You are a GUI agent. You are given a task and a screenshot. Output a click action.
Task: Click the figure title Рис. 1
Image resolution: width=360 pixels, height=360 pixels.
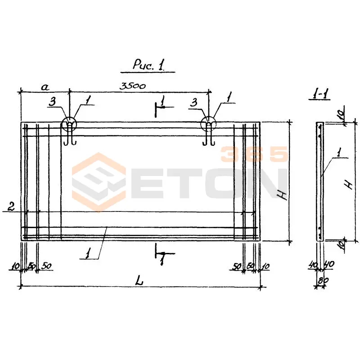[x=148, y=64]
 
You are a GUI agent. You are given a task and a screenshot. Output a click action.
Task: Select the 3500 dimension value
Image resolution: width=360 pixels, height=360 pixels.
[x=132, y=86]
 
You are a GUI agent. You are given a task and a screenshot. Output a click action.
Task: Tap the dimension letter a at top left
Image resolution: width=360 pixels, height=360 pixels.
[x=45, y=87]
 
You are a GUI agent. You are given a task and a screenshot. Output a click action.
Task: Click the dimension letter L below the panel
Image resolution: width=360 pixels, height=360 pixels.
[x=139, y=280]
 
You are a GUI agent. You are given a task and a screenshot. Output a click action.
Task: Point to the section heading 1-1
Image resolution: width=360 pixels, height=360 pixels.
[x=319, y=94]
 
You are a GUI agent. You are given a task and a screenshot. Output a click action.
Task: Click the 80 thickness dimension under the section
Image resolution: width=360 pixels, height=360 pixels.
[x=323, y=281]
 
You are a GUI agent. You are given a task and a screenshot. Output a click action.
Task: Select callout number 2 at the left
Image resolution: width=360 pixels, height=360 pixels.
[x=11, y=206]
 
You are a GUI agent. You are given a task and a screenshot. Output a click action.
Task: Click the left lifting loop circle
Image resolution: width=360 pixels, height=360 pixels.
[x=69, y=124]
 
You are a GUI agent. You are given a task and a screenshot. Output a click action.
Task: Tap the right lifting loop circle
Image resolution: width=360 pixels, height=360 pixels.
[x=208, y=124]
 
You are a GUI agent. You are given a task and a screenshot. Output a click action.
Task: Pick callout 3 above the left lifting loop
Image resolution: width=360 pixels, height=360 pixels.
[x=53, y=102]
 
